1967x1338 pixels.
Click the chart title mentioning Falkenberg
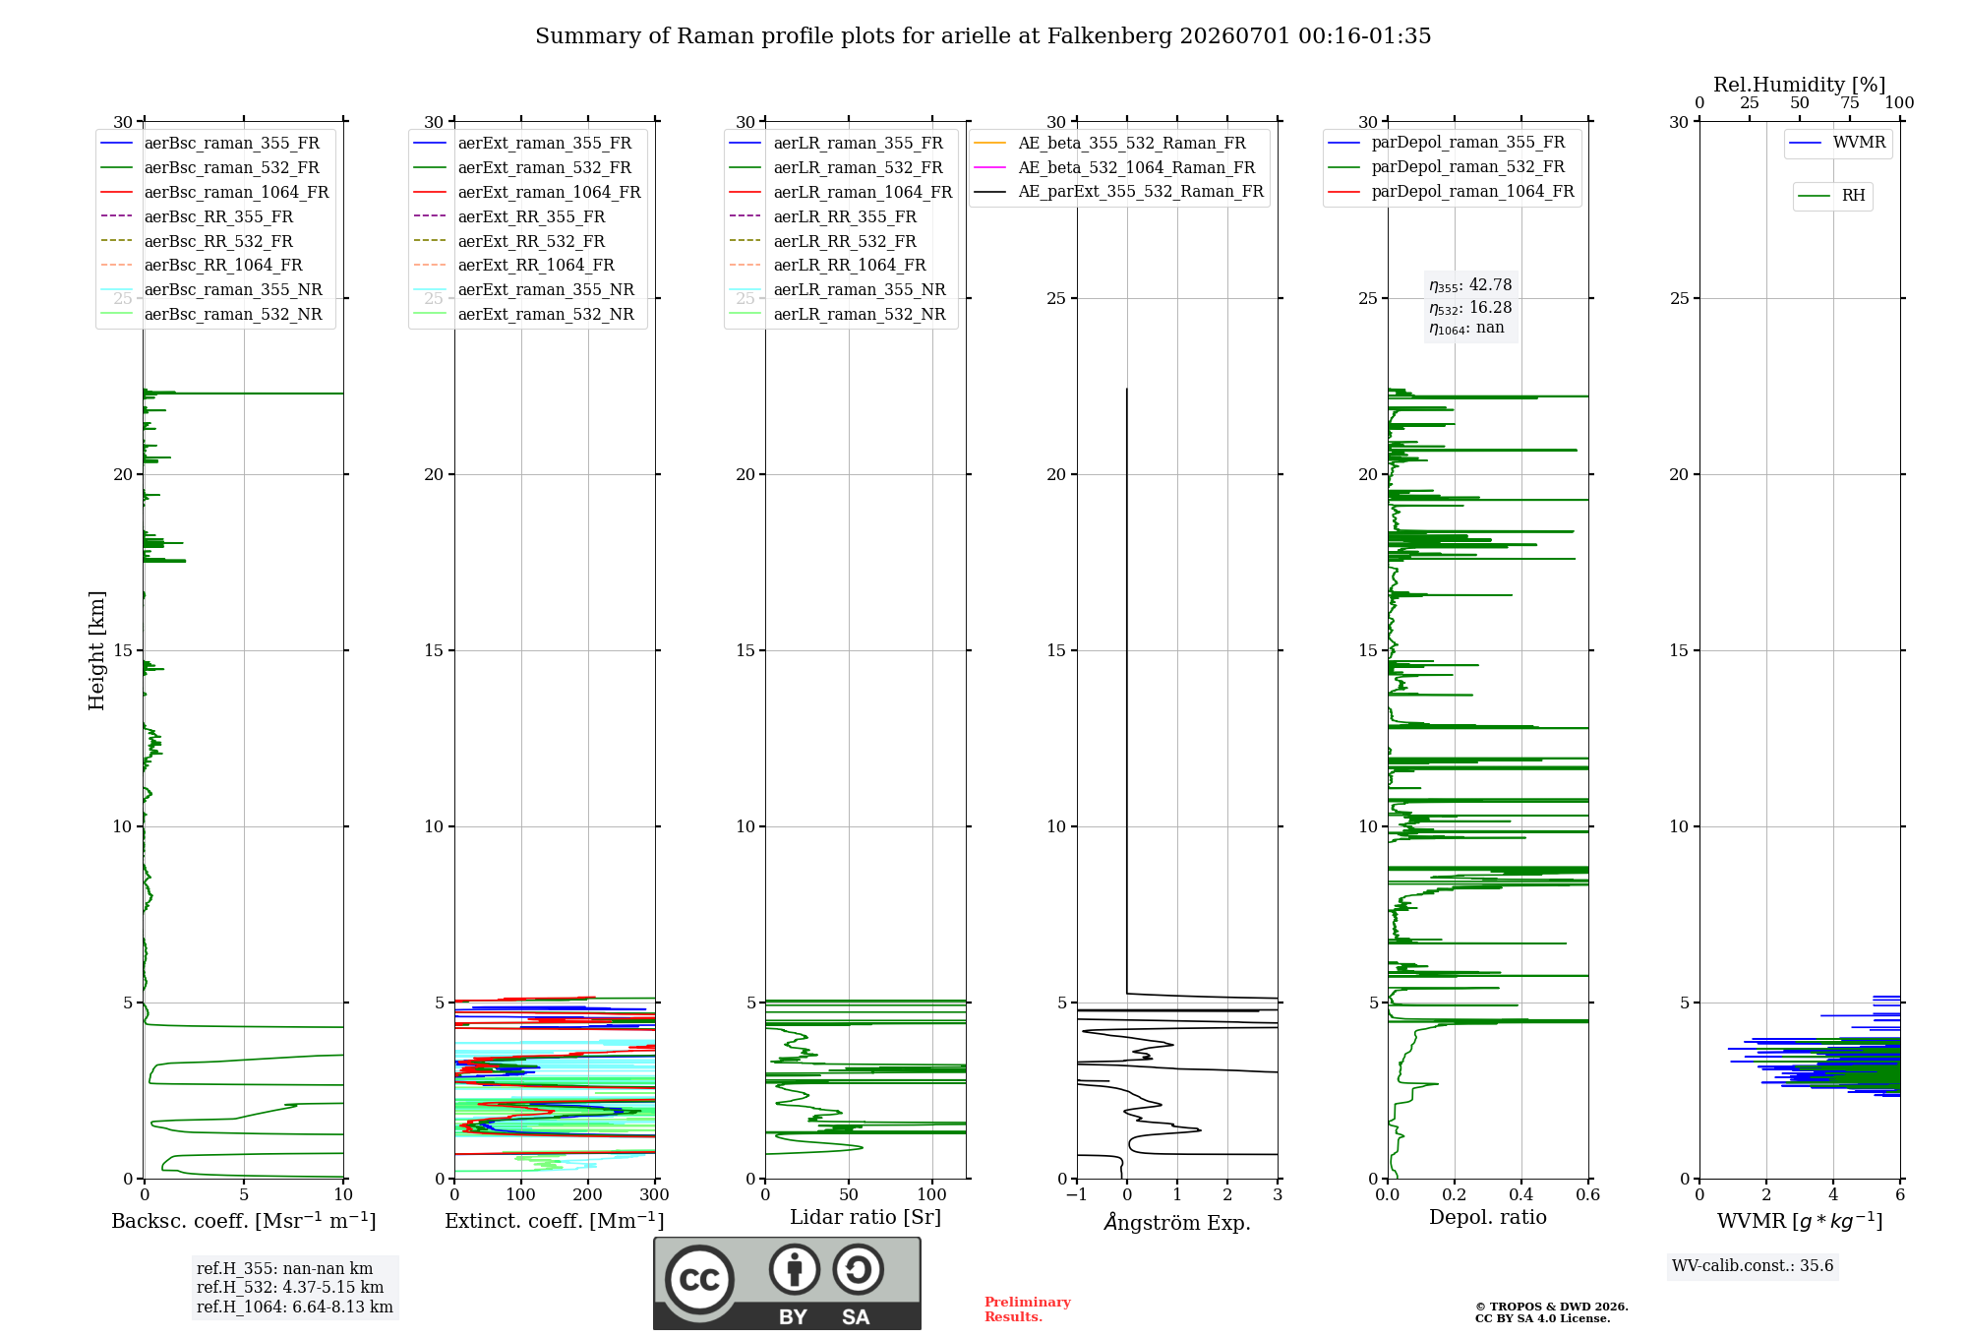tap(983, 36)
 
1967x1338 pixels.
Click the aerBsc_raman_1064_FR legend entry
tap(214, 192)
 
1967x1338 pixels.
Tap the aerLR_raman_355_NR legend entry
tap(837, 289)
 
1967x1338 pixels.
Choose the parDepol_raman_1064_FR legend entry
tap(1451, 191)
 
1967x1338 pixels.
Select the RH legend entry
tap(1832, 196)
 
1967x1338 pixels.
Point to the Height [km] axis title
tap(96, 650)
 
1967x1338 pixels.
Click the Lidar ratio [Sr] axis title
tap(865, 1217)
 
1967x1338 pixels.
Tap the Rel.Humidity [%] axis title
tap(1800, 85)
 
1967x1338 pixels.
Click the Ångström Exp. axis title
tap(1177, 1222)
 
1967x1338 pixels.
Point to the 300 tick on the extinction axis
tap(655, 1194)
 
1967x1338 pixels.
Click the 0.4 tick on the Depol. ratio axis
tap(1521, 1194)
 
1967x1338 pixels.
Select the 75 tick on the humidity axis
tap(1850, 103)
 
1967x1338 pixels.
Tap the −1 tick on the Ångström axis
tap(1076, 1194)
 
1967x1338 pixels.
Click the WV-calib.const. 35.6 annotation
tap(1753, 1265)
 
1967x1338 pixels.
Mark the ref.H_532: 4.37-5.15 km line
tap(290, 1287)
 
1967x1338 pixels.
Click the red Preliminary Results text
tap(1028, 1309)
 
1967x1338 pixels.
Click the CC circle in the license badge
tap(699, 1279)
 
